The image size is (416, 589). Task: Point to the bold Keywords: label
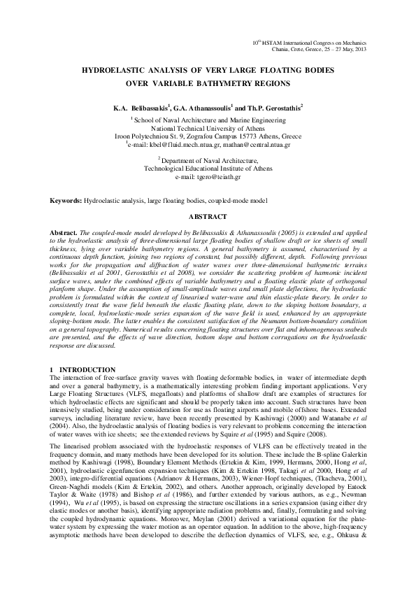point(65,201)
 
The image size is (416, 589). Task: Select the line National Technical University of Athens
point(208,129)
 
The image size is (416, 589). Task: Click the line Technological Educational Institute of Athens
point(208,169)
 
